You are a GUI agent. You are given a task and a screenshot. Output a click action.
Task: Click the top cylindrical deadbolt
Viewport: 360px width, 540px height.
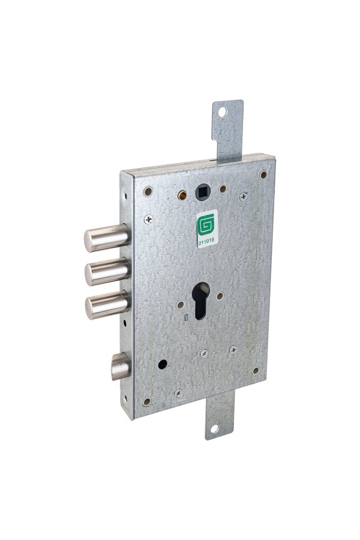point(106,238)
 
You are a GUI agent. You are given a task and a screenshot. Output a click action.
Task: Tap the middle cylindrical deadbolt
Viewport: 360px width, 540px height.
point(107,272)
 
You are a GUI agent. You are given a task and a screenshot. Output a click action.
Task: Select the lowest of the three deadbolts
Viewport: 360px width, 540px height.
point(107,305)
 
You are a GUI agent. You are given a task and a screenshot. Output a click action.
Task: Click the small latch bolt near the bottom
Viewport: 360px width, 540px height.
point(120,367)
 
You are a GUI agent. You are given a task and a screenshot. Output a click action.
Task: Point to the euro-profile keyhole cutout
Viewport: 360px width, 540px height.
point(201,301)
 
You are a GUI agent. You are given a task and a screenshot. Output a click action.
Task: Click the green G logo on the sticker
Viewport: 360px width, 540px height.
point(206,224)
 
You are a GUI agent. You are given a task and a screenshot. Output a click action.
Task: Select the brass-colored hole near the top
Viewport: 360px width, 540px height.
point(182,195)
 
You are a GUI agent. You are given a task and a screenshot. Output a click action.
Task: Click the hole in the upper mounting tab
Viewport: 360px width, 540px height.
point(223,112)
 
